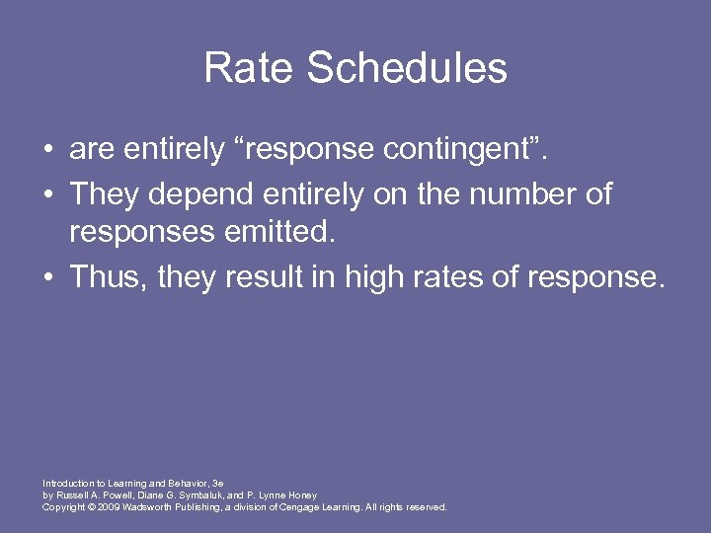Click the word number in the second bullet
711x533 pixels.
[x=523, y=194]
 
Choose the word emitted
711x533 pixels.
[x=288, y=235]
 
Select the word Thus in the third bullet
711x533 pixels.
[x=105, y=277]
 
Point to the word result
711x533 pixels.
[x=266, y=277]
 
